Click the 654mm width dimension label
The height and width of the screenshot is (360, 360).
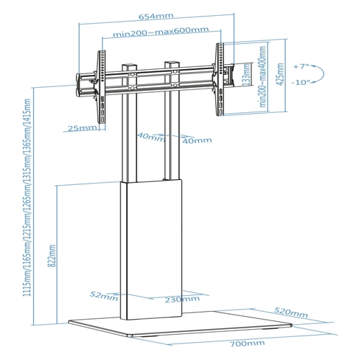156,17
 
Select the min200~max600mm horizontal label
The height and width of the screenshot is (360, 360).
161,32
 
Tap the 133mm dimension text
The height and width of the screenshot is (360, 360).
246,75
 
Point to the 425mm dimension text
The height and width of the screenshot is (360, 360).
280,74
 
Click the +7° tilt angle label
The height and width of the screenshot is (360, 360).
301,66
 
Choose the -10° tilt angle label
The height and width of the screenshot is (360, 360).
301,82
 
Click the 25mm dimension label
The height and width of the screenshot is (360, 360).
82,128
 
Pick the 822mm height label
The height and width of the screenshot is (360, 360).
52,256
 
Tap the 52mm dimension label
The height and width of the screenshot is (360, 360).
104,296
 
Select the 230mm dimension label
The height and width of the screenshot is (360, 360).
182,300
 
